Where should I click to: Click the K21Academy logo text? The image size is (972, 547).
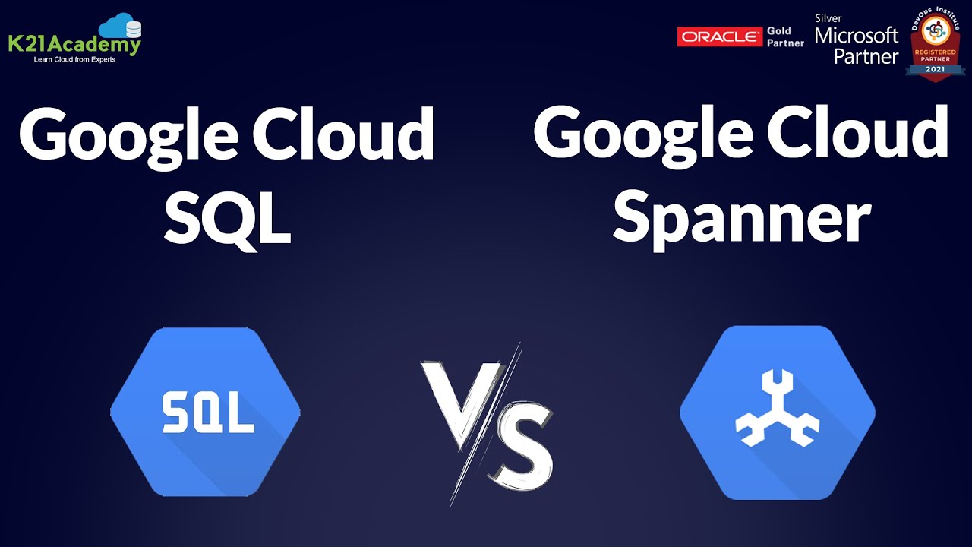click(74, 45)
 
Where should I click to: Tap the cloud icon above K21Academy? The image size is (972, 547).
click(120, 27)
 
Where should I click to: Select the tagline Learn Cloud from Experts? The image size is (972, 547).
click(74, 59)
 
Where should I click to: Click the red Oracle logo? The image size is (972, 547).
click(719, 36)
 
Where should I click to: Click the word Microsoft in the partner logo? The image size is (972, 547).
click(856, 36)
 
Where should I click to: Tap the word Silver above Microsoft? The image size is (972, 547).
click(828, 18)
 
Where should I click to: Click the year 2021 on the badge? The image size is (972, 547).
click(935, 69)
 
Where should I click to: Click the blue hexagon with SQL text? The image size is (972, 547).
click(205, 413)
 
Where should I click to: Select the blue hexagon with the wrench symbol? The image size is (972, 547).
click(777, 413)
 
